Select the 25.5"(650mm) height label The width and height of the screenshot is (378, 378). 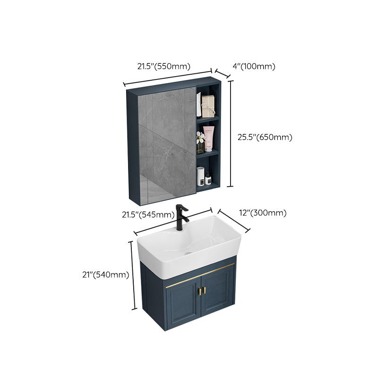pyautogui.click(x=265, y=137)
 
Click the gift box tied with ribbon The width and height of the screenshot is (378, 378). pyautogui.click(x=208, y=106)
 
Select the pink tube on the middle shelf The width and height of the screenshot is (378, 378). pyautogui.click(x=208, y=137)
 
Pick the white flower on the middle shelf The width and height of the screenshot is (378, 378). pyautogui.click(x=200, y=137)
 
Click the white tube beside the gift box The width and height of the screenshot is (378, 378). pyautogui.click(x=199, y=104)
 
